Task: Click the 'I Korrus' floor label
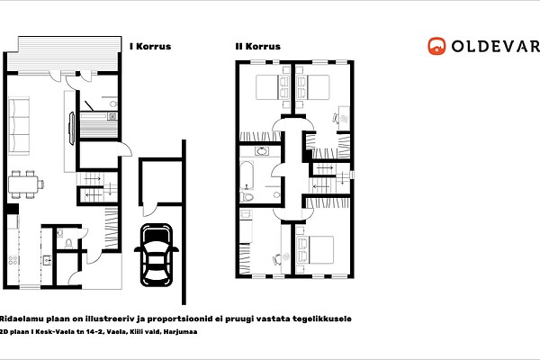pyautogui.click(x=150, y=47)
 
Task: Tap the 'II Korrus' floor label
pyautogui.click(x=258, y=47)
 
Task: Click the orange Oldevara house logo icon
pyautogui.click(x=436, y=46)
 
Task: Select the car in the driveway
pyautogui.click(x=157, y=255)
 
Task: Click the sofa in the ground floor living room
pyautogui.click(x=19, y=126)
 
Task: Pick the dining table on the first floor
pyautogui.click(x=23, y=184)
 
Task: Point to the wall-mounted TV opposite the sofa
pyautogui.click(x=72, y=129)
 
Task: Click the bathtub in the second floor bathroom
pyautogui.click(x=247, y=175)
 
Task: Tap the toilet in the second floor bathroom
pyautogui.click(x=247, y=197)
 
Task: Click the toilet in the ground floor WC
pyautogui.click(x=68, y=244)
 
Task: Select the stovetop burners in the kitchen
pyautogui.click(x=13, y=260)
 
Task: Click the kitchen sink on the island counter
pyautogui.click(x=47, y=260)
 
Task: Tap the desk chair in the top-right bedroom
pyautogui.click(x=336, y=118)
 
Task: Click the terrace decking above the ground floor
pyautogui.click(x=65, y=53)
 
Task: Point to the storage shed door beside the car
pyautogui.click(x=149, y=210)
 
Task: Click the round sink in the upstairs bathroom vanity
pyautogui.click(x=262, y=151)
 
